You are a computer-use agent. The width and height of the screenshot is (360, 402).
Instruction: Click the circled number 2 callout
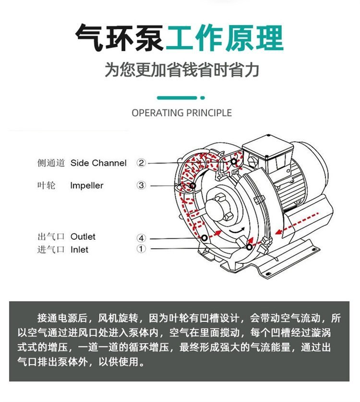click(141, 163)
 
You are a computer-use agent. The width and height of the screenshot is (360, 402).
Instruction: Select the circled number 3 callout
click(141, 185)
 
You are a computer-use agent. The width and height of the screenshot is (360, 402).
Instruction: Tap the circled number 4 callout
click(141, 238)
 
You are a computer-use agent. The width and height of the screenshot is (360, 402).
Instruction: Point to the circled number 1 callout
click(141, 249)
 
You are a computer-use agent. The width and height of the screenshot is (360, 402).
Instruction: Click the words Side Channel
click(98, 163)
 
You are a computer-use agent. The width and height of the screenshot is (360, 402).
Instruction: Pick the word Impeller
click(87, 185)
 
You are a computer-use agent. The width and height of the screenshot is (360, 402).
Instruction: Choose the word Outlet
click(83, 237)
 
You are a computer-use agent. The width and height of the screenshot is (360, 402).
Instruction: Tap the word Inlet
click(79, 249)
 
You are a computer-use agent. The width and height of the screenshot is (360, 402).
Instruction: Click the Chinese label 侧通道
click(51, 163)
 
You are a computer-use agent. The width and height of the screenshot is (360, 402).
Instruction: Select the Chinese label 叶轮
click(47, 185)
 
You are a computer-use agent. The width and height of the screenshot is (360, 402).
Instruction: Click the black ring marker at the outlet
click(204, 238)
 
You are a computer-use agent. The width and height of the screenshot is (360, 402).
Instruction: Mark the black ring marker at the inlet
click(249, 247)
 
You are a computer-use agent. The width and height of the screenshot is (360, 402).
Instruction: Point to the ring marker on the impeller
click(192, 185)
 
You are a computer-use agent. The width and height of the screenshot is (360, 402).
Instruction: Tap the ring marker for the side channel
click(234, 161)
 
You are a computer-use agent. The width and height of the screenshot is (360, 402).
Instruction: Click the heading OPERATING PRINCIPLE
click(181, 113)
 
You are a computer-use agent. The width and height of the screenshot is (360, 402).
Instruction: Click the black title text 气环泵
click(120, 37)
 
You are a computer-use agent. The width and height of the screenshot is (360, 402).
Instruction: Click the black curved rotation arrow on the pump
click(236, 231)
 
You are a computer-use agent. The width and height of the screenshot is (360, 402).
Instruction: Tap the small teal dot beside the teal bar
click(203, 97)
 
